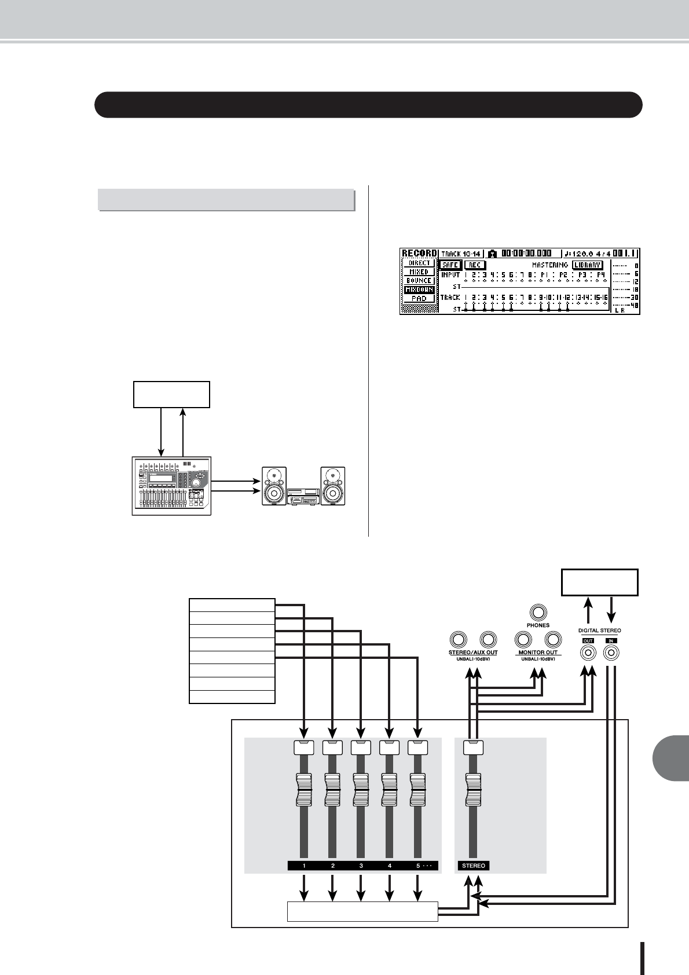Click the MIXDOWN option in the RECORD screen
pyautogui.click(x=419, y=289)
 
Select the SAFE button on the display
pyautogui.click(x=450, y=265)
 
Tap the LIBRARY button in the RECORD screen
pyautogui.click(x=588, y=265)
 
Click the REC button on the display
pyautogui.click(x=475, y=265)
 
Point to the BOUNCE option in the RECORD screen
pyautogui.click(x=419, y=281)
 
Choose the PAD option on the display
pyautogui.click(x=419, y=299)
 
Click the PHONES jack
pyautogui.click(x=538, y=612)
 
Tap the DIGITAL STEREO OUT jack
pyautogui.click(x=588, y=653)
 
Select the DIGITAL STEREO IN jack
pyautogui.click(x=611, y=653)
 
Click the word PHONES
pyautogui.click(x=538, y=625)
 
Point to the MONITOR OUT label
pyautogui.click(x=538, y=653)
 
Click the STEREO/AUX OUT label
pyautogui.click(x=473, y=653)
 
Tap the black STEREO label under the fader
pyautogui.click(x=474, y=866)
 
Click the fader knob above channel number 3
pyautogui.click(x=361, y=789)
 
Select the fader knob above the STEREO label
pyautogui.click(x=474, y=789)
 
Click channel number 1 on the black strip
pyautogui.click(x=304, y=866)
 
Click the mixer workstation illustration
pyautogui.click(x=171, y=485)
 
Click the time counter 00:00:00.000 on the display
pyautogui.click(x=526, y=254)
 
